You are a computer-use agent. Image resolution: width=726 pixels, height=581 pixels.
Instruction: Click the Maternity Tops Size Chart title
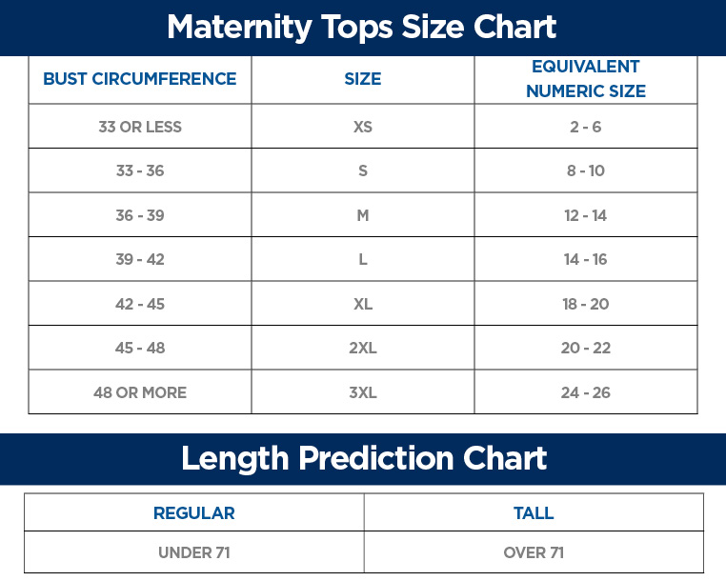tap(362, 27)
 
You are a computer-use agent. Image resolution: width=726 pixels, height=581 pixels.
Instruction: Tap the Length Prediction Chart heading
tap(364, 458)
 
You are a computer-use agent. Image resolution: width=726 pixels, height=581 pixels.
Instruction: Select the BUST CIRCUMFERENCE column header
tap(140, 79)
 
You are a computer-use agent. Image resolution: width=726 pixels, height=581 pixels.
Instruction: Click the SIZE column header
tap(363, 79)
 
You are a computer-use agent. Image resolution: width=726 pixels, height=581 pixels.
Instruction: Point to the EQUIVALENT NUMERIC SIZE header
tap(586, 79)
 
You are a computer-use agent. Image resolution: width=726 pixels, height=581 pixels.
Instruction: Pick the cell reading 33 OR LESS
tap(140, 127)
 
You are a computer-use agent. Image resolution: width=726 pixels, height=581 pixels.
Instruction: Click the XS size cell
tap(363, 127)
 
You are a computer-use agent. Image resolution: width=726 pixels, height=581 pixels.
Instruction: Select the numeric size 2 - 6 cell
tap(586, 127)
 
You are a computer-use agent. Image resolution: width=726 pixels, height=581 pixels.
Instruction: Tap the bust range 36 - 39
tap(140, 215)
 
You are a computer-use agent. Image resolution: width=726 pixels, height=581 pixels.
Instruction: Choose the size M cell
tap(363, 215)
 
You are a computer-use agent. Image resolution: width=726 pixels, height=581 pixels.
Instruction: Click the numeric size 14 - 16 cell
tap(586, 259)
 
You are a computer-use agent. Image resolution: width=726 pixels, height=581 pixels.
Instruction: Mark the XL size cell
tap(363, 304)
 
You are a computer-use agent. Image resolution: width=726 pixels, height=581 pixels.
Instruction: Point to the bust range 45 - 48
tap(140, 348)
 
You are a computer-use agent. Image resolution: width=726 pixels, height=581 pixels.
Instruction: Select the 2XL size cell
tap(363, 348)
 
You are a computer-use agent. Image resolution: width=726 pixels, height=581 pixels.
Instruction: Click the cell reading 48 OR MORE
tap(140, 392)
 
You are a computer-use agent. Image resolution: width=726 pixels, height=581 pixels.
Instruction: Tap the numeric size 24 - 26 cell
tap(586, 392)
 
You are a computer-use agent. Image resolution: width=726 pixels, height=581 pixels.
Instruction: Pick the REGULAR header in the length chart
tap(194, 513)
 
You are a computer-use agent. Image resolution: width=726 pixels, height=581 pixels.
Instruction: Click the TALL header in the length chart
tap(534, 513)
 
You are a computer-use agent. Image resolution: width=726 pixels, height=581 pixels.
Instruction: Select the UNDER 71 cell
tap(194, 552)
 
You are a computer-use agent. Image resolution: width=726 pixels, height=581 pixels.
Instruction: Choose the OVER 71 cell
tap(534, 552)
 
